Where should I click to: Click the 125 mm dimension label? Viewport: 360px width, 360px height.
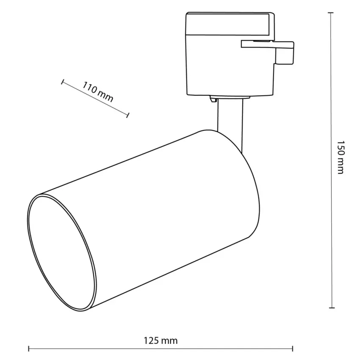161,341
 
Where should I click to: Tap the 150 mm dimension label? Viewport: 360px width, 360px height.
341,157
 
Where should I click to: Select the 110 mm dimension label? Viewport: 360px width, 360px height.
98,92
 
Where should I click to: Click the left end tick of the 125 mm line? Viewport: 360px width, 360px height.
29,349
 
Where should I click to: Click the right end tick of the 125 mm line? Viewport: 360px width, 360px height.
293,349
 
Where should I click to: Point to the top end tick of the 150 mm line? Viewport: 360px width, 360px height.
331,13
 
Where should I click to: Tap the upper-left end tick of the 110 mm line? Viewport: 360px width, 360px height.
62,82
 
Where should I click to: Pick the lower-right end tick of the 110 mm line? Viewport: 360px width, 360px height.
127,115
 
